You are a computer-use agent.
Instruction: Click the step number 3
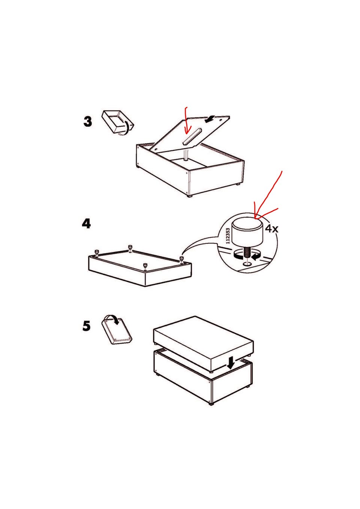88,122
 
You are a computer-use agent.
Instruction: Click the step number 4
86,224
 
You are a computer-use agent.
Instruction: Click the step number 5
86,326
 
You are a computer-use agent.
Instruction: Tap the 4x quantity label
271,228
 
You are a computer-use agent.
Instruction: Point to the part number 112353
228,236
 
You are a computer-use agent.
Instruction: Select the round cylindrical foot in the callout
247,232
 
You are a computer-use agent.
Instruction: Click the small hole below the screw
247,264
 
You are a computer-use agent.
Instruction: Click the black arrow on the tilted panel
210,119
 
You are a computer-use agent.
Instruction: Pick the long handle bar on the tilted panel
192,136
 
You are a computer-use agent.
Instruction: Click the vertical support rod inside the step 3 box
186,155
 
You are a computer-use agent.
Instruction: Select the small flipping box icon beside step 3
118,123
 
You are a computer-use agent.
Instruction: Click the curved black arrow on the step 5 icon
114,318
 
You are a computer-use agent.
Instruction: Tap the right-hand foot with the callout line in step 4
181,259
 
